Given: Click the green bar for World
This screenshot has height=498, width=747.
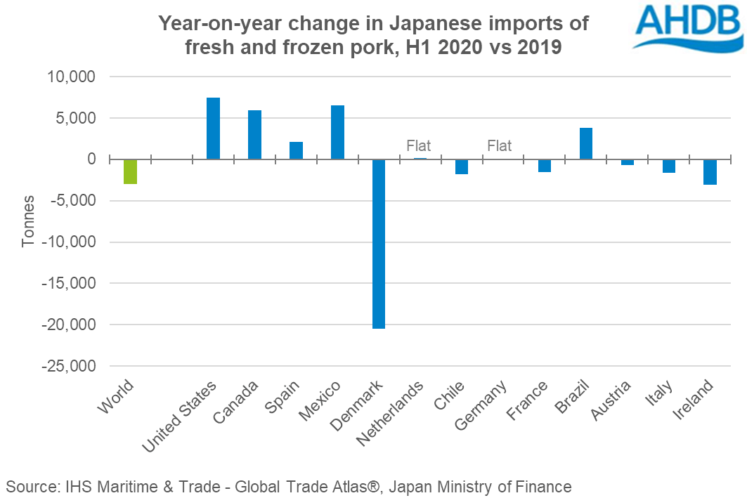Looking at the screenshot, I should click(130, 171).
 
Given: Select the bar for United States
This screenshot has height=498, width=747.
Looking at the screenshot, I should click(213, 129).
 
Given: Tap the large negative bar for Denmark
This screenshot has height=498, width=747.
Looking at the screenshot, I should click(379, 244).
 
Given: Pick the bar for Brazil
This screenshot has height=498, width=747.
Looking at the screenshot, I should click(586, 143).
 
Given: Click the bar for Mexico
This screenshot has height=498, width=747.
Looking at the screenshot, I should click(337, 132).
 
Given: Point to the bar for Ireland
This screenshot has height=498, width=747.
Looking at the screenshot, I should click(710, 172).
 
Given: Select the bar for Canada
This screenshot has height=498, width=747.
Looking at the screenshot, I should click(254, 135).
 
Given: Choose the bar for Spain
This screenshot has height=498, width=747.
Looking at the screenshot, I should click(296, 150).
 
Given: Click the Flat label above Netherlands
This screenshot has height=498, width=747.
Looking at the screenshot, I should click(418, 146).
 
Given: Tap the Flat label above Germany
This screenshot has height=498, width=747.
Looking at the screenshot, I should click(500, 146).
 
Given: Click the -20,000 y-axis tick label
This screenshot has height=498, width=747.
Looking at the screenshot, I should click(72, 325).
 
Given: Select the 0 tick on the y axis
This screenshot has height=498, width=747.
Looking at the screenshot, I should click(91, 159).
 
